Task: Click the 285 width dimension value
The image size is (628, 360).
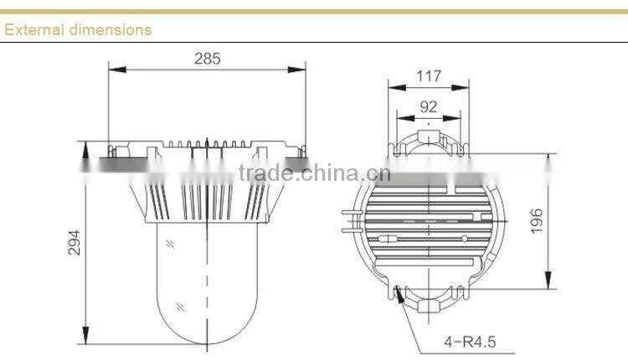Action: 207,59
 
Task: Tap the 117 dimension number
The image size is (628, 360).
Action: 428,76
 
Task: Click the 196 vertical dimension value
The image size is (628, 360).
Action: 537,221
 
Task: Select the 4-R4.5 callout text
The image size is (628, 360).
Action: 471,341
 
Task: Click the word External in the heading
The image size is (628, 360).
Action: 33,29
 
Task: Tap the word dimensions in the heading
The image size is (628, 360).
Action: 109,29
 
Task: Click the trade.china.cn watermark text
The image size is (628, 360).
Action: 314,173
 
